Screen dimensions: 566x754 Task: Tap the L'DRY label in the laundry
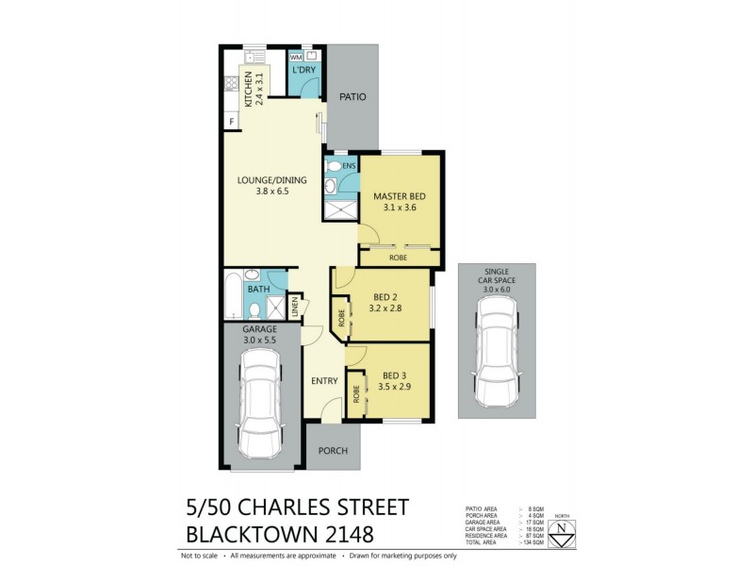pos(303,71)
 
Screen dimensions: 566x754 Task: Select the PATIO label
pos(353,97)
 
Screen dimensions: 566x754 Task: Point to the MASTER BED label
pos(399,196)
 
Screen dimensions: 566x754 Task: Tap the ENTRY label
pos(325,380)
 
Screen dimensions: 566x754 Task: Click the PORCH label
pos(332,451)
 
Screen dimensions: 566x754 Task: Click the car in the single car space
pos(496,355)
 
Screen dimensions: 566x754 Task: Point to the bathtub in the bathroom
pos(232,297)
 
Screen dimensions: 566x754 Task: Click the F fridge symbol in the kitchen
pos(229,121)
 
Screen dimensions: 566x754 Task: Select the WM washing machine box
pos(295,58)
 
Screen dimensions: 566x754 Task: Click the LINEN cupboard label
pos(294,307)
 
